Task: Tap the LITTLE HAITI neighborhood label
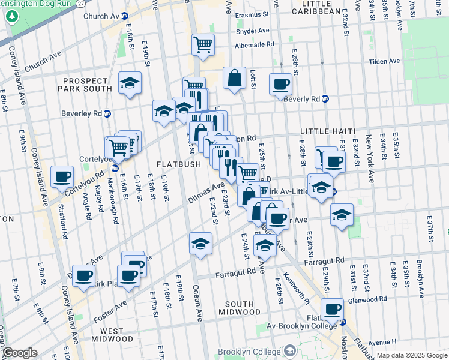328,131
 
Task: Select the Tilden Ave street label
384,61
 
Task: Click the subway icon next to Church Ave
124,15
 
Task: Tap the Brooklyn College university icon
291,350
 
